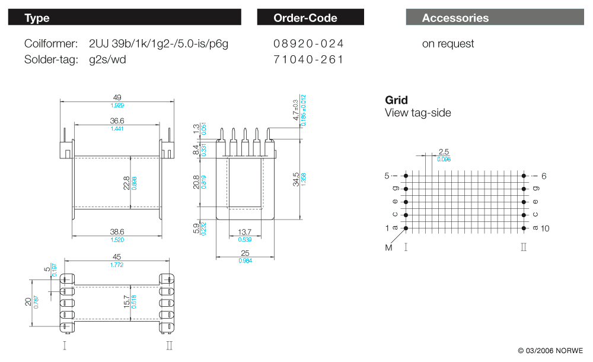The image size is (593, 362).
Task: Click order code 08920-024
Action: click(x=308, y=43)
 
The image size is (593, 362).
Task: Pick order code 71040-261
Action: click(x=308, y=59)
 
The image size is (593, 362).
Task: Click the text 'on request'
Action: click(x=448, y=43)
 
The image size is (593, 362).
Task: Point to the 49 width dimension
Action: click(x=117, y=98)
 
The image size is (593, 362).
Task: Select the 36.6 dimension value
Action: click(x=117, y=120)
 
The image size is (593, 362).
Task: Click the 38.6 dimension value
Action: click(x=117, y=232)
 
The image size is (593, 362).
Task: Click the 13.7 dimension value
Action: click(x=244, y=232)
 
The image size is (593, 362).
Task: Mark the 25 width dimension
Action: click(x=244, y=253)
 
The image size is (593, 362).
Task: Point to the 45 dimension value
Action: click(x=117, y=257)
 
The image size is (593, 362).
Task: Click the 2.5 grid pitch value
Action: click(x=444, y=152)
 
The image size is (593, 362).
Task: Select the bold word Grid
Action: click(x=396, y=100)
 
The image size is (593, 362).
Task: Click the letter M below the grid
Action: click(x=389, y=247)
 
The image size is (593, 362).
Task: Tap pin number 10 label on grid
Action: click(x=545, y=228)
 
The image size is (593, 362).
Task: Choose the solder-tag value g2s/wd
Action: click(x=107, y=59)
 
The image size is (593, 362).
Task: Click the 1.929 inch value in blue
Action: click(x=117, y=106)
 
